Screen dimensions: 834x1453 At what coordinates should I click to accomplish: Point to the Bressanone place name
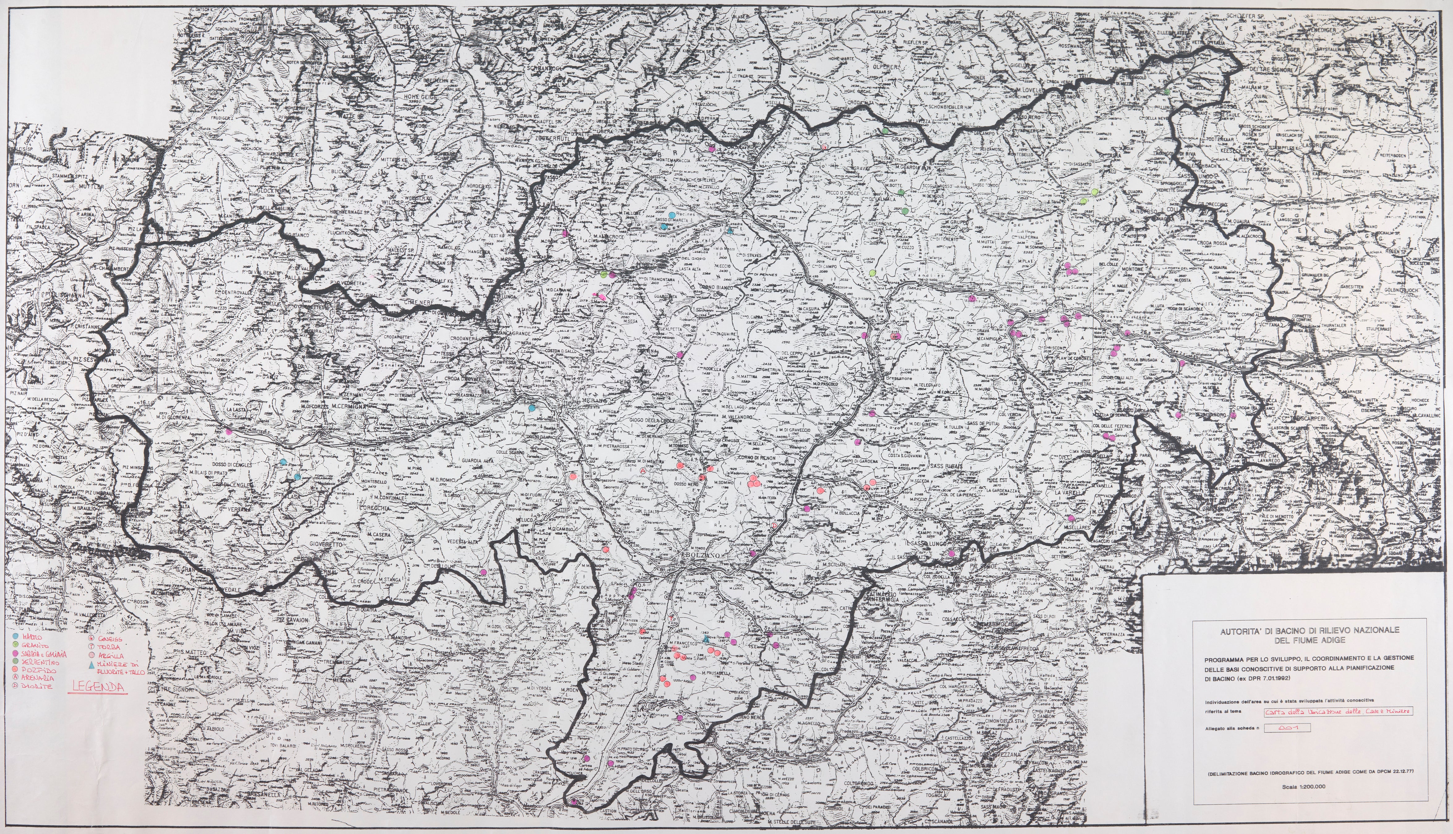tap(897, 379)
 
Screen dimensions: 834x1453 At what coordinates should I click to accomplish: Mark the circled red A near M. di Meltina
tap(642, 470)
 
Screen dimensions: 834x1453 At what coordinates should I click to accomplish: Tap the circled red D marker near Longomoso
tap(774, 524)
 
